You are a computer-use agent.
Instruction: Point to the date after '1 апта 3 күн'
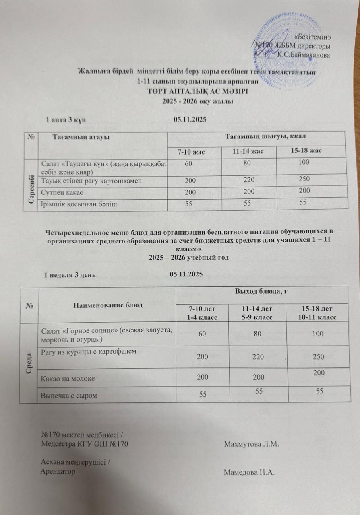[x=190, y=119]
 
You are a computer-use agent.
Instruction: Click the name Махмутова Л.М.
[x=251, y=444]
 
